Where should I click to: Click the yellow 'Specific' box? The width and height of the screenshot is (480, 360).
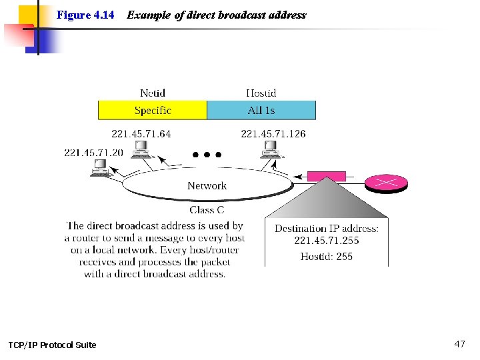(x=153, y=111)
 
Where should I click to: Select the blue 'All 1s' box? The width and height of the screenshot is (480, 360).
(x=261, y=111)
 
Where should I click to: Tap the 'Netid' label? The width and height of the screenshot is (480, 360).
(x=153, y=93)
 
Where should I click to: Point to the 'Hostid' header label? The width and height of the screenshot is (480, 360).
(x=261, y=93)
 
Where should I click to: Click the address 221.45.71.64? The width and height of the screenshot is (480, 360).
(x=141, y=134)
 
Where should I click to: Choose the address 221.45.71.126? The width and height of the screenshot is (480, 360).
(x=273, y=134)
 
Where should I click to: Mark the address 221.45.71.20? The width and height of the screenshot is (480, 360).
(x=93, y=153)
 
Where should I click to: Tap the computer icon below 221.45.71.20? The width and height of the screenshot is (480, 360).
(x=100, y=169)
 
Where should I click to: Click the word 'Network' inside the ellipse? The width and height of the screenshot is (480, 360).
(x=207, y=186)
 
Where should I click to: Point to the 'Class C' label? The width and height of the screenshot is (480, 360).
(x=207, y=211)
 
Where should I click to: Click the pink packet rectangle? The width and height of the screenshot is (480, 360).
(x=326, y=177)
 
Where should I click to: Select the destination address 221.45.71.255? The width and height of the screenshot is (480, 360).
(x=327, y=241)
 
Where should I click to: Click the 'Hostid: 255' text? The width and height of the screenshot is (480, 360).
(x=327, y=257)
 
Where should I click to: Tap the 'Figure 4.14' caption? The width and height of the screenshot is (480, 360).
(x=85, y=15)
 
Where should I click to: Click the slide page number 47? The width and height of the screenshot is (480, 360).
(x=459, y=344)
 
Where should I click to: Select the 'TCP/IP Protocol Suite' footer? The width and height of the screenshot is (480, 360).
(x=52, y=345)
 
